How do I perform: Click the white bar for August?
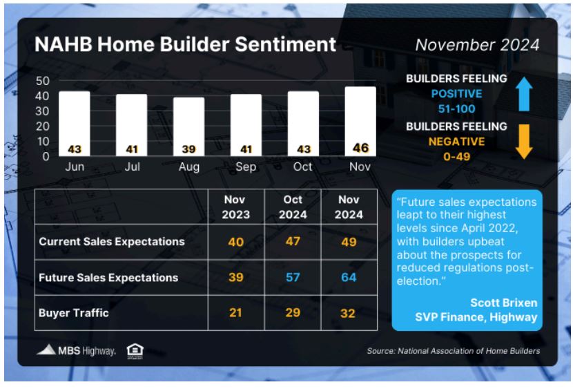click(x=188, y=126)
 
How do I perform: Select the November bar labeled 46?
click(x=360, y=122)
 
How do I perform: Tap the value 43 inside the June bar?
click(x=75, y=149)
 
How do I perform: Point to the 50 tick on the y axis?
click(x=42, y=81)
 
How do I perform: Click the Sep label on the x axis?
click(x=246, y=167)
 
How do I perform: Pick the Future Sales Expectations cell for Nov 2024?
click(x=349, y=277)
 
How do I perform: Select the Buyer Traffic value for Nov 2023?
click(x=235, y=312)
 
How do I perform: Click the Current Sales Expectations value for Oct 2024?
click(x=293, y=241)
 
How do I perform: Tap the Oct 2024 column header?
click(x=293, y=207)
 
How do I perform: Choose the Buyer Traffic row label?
click(x=74, y=313)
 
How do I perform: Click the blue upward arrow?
click(x=524, y=94)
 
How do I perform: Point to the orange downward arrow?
click(x=524, y=142)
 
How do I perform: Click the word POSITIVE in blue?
click(x=457, y=93)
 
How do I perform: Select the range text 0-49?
click(x=457, y=156)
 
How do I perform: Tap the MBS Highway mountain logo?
click(x=46, y=350)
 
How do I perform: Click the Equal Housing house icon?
click(x=135, y=351)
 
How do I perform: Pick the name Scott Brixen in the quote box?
click(x=503, y=303)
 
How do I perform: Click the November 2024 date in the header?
click(x=477, y=45)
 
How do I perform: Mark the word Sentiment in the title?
click(x=285, y=44)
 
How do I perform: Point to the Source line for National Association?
click(x=453, y=351)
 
